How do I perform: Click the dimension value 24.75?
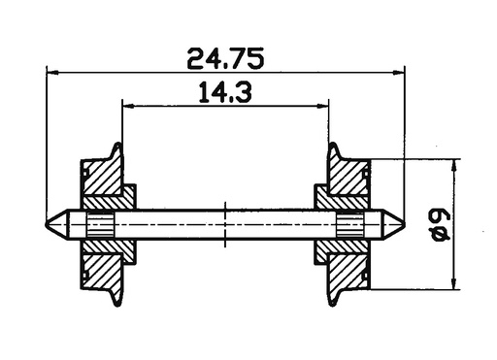(225, 57)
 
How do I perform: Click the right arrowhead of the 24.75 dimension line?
(398, 73)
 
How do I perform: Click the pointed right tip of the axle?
(404, 224)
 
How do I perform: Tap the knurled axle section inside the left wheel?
(100, 224)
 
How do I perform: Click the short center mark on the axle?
(225, 224)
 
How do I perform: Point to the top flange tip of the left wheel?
(117, 146)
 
